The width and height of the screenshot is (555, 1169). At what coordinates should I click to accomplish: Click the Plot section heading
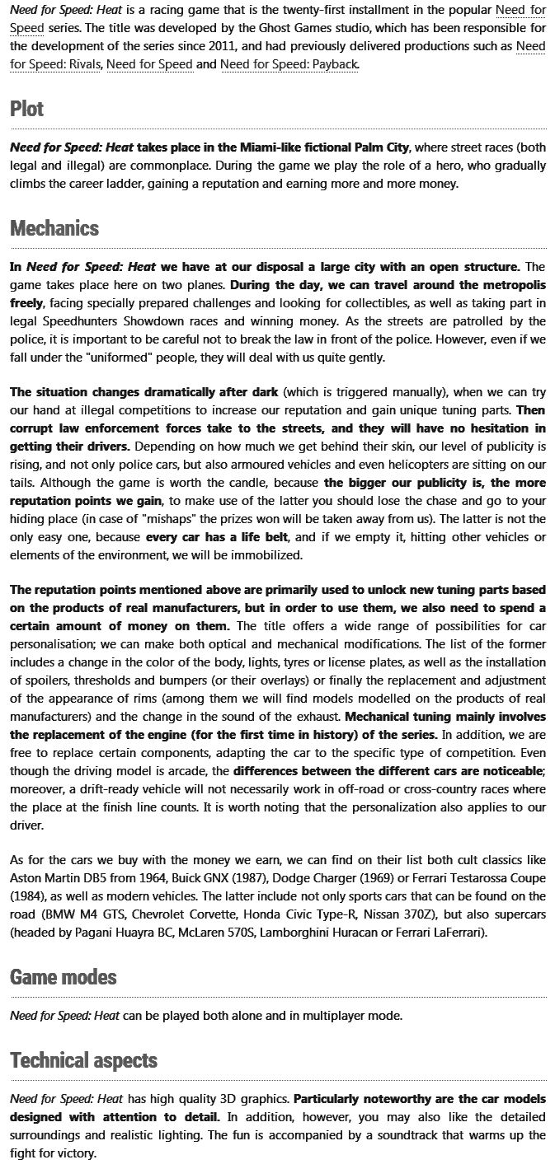tap(26, 109)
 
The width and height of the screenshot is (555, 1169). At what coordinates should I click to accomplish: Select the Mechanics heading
tap(54, 228)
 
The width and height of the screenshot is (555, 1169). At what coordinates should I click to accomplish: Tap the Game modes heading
tap(63, 977)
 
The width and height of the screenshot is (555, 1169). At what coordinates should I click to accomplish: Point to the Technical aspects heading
tap(83, 1060)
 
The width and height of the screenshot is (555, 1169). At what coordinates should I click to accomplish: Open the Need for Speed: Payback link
tap(289, 63)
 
